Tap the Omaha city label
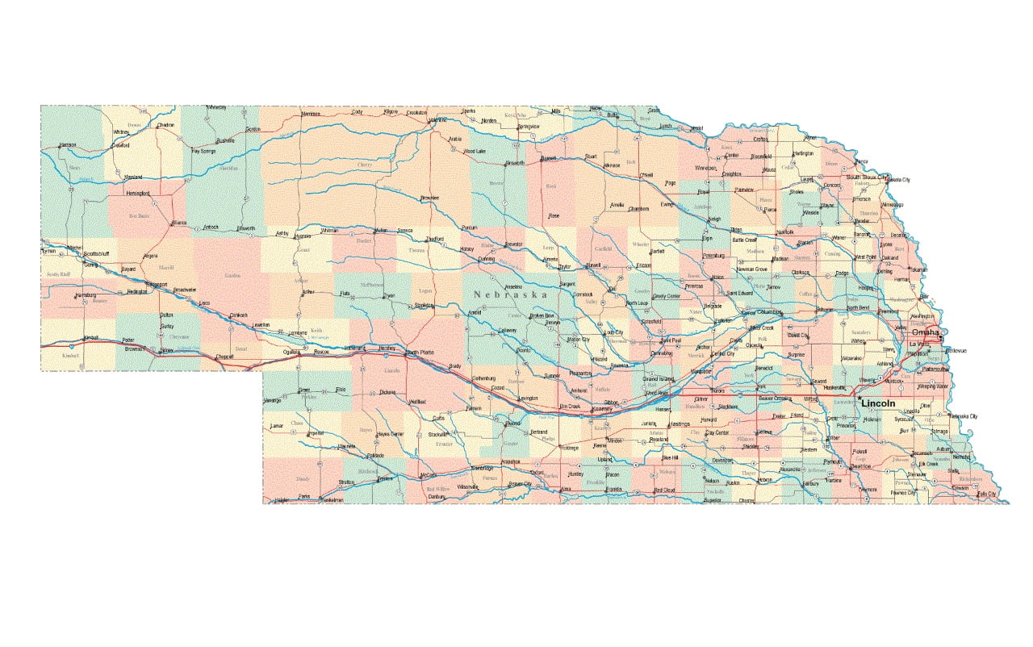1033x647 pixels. [x=925, y=332]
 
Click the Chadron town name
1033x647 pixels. [x=165, y=125]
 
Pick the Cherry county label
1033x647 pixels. [x=364, y=165]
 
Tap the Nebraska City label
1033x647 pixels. [x=962, y=416]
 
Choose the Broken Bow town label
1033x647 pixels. [x=542, y=315]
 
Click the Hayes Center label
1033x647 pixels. [x=390, y=434]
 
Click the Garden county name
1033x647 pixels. [x=232, y=275]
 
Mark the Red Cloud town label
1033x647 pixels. [x=664, y=490]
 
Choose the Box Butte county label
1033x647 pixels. [x=140, y=215]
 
